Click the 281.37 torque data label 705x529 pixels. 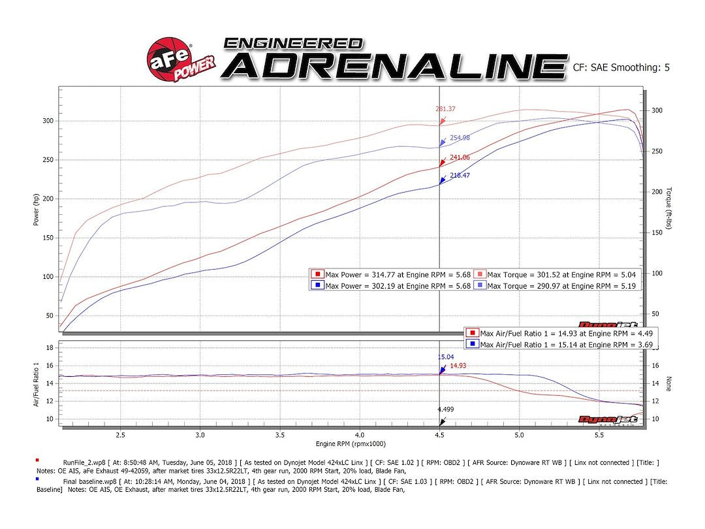(445, 109)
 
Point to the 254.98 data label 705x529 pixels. (460, 138)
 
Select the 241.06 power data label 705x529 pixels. (460, 157)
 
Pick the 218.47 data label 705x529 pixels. (460, 176)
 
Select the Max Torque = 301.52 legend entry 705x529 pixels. (555, 274)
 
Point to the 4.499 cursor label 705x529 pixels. (446, 409)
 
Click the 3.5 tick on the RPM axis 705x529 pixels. (280, 434)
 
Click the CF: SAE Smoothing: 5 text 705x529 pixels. (621, 67)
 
